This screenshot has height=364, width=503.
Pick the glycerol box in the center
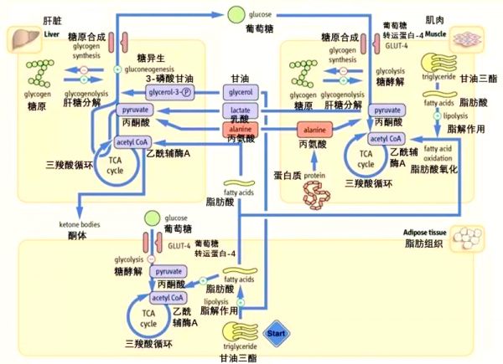(241, 91)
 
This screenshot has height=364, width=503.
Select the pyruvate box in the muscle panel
(386, 110)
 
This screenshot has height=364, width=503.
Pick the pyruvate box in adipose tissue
(169, 272)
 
